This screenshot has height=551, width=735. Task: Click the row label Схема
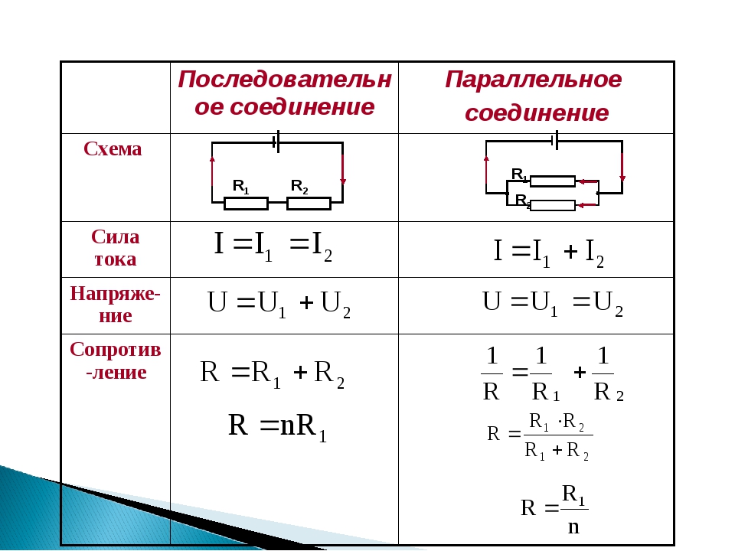[113, 149]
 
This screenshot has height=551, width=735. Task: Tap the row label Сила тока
[116, 248]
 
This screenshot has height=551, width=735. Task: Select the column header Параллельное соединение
[534, 96]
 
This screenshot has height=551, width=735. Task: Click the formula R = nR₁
[277, 427]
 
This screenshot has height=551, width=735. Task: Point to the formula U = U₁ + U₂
[279, 305]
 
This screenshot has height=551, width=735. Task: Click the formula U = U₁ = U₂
[553, 304]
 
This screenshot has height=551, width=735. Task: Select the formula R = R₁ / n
[554, 510]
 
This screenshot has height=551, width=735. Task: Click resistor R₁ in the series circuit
[246, 204]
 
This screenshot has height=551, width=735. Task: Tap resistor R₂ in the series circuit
[309, 204]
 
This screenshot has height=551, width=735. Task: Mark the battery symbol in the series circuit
[276, 142]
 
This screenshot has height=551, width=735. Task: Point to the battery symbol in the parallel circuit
[555, 140]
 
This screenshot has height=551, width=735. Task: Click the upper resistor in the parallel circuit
[553, 181]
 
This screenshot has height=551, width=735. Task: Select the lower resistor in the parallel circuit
[553, 205]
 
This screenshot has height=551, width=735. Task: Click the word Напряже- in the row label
[116, 295]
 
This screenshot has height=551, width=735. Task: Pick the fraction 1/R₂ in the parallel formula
[608, 374]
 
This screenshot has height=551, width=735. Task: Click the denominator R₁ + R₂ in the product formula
[557, 451]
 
